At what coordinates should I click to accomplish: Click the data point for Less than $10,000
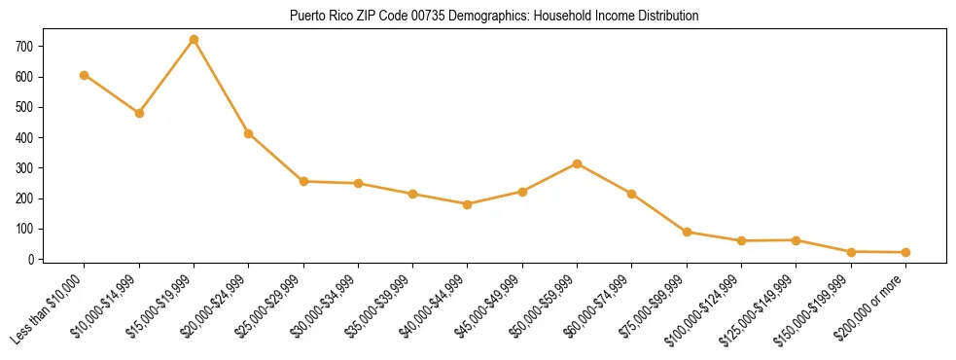click(85, 75)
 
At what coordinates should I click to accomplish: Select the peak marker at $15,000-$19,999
click(194, 40)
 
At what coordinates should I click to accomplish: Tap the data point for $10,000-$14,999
click(139, 113)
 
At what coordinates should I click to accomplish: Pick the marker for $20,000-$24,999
click(249, 133)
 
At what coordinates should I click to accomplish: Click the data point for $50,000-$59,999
click(578, 163)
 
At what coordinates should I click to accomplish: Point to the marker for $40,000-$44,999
click(468, 204)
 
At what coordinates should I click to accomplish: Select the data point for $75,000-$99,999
click(687, 232)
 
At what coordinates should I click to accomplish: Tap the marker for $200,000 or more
click(905, 252)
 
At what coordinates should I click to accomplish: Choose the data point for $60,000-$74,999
click(632, 194)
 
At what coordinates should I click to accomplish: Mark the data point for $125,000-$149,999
click(797, 239)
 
